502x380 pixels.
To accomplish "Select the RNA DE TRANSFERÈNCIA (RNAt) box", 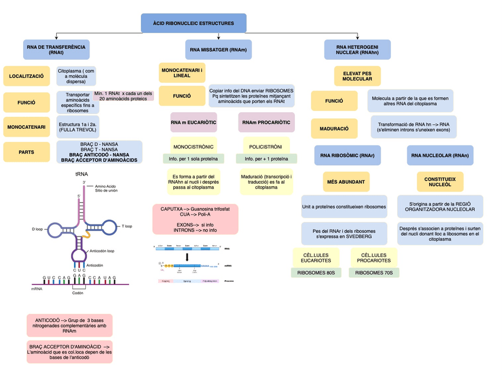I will (56, 50).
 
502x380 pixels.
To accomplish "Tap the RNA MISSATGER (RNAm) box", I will (218, 50).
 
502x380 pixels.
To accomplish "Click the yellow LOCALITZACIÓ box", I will (26, 76).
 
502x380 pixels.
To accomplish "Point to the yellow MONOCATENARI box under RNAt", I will (26, 126).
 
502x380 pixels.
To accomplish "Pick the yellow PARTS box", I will (26, 152).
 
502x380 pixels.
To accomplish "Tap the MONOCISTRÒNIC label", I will (194, 146).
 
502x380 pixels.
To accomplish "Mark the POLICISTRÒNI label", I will (265, 146).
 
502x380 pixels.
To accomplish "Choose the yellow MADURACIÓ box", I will (334, 128).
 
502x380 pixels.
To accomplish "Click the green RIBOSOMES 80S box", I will (316, 272).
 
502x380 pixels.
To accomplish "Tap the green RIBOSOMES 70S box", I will (374, 272).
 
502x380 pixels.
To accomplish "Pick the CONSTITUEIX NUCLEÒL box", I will (439, 181).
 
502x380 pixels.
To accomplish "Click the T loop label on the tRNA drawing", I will (127, 226).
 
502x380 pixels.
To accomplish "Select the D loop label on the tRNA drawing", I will (37, 229).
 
